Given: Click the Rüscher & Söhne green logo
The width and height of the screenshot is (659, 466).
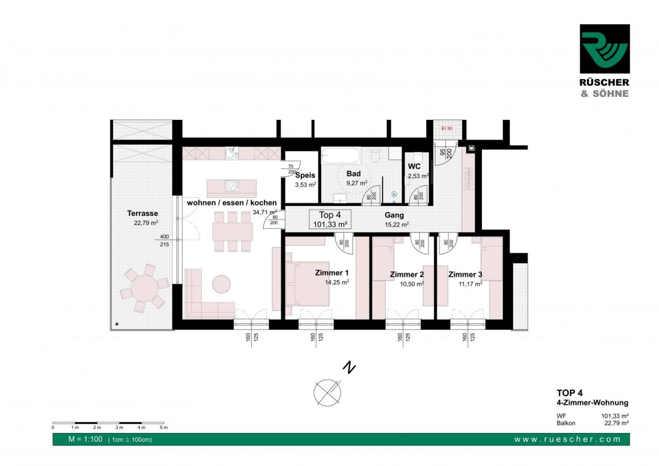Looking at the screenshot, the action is click(605, 49).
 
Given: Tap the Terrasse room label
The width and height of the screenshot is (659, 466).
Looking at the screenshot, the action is click(143, 213).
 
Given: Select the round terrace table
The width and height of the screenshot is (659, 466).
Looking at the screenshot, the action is click(145, 288).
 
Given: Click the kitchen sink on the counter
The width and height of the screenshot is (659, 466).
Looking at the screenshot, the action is click(232, 153).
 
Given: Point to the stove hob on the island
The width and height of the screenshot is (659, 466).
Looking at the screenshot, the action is click(232, 186).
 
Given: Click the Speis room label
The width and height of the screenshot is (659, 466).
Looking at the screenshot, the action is click(305, 176).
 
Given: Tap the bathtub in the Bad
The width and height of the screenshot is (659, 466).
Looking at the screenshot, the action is click(341, 155).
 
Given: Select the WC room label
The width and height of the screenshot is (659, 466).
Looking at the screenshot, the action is click(414, 166).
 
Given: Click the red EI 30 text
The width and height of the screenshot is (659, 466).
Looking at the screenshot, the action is click(447, 129).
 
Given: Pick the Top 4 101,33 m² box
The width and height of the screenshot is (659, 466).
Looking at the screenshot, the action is click(330, 219).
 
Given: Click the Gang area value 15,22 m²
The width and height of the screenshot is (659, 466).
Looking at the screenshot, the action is click(396, 225).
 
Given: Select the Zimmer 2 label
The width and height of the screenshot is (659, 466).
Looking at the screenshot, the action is click(407, 274).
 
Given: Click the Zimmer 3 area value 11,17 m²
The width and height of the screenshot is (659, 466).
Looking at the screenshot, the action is click(471, 284).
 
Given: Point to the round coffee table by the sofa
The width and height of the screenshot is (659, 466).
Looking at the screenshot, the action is click(221, 284).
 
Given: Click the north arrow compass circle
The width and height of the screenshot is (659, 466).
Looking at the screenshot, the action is click(327, 393).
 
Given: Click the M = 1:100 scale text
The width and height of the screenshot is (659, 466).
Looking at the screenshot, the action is click(85, 439).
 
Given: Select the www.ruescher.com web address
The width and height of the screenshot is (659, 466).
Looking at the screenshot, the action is click(567, 440).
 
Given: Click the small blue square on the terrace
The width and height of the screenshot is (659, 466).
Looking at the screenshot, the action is click(117, 324).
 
